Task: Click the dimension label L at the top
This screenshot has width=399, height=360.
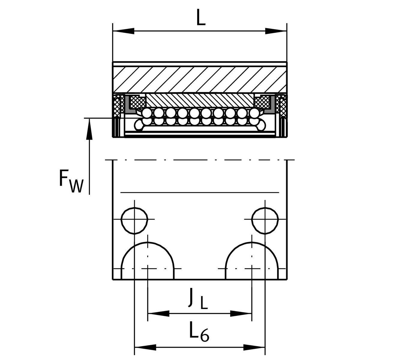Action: click(x=201, y=17)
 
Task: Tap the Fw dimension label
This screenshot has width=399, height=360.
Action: click(x=71, y=181)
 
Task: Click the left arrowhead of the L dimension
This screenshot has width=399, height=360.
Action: click(x=123, y=31)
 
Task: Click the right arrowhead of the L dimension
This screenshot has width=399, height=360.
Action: click(x=276, y=31)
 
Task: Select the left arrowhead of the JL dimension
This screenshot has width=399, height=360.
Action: click(x=158, y=314)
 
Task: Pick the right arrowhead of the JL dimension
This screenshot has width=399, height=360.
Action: click(x=241, y=314)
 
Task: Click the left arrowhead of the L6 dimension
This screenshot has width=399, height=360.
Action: click(x=145, y=348)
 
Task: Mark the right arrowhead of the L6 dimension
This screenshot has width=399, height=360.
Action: click(x=254, y=348)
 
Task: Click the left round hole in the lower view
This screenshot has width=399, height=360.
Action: click(x=134, y=220)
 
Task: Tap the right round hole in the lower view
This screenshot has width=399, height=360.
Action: click(x=265, y=220)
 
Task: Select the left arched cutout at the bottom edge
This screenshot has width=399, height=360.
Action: click(x=148, y=261)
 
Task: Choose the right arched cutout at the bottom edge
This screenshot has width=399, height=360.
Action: click(x=252, y=261)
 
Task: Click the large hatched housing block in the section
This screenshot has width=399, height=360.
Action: click(x=200, y=79)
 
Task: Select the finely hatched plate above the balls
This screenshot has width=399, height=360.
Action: click(x=200, y=100)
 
